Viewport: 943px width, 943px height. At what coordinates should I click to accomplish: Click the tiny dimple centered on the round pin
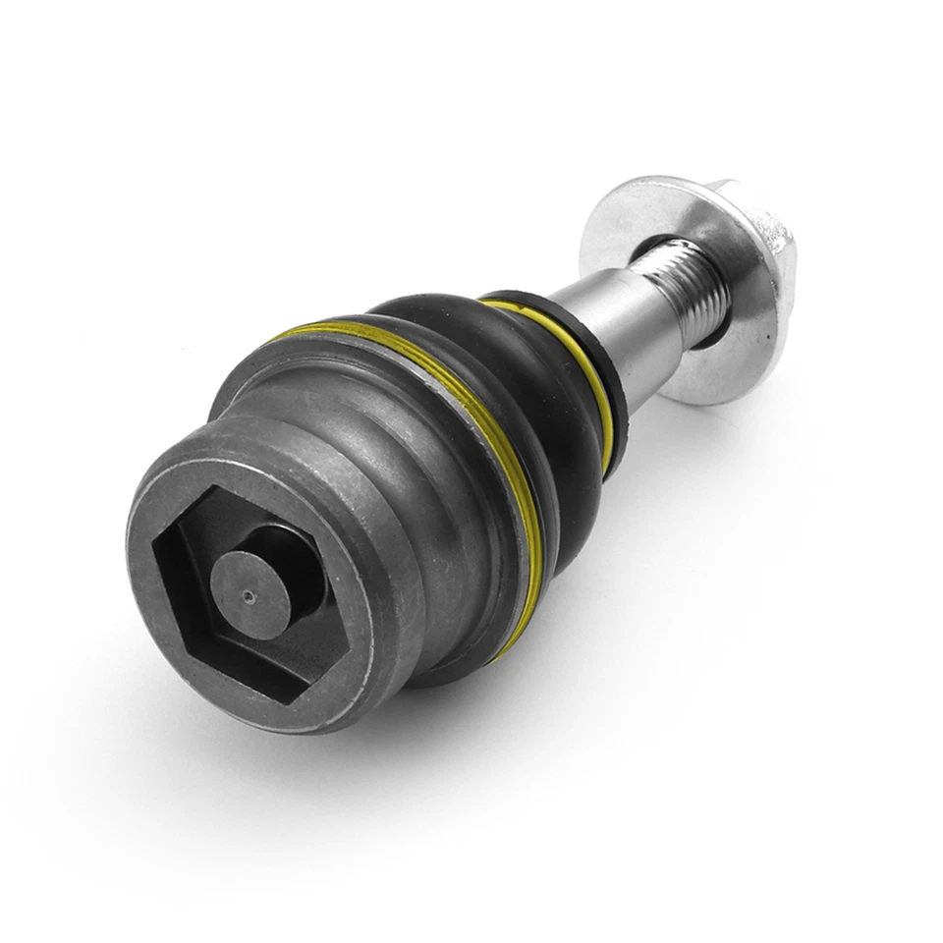coord(250,593)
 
